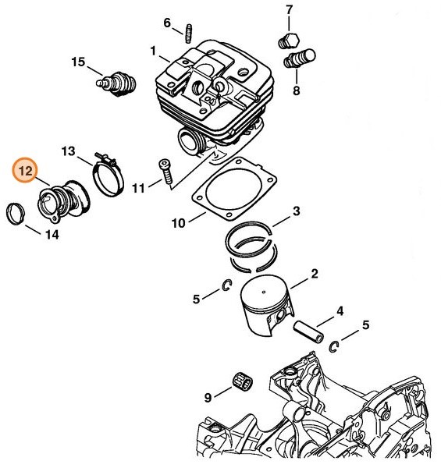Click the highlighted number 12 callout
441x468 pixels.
25,169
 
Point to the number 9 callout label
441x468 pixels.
208,398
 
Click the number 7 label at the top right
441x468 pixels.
289,10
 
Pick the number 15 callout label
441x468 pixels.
78,62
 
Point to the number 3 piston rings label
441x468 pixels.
297,211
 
